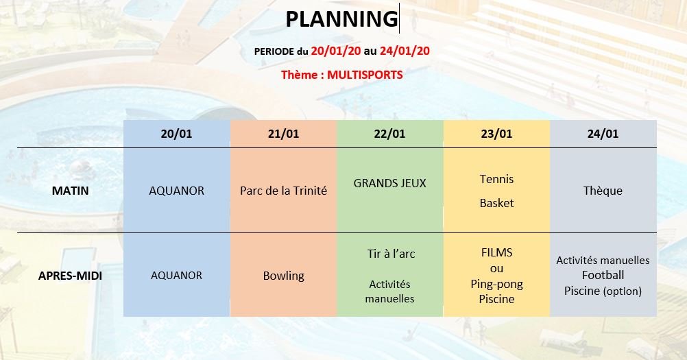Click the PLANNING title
pyautogui.click(x=341, y=19)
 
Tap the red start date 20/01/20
pyautogui.click(x=335, y=51)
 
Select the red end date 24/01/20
pyautogui.click(x=405, y=51)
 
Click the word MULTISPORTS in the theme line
pyautogui.click(x=365, y=75)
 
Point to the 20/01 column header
pyautogui.click(x=176, y=134)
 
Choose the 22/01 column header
pyautogui.click(x=389, y=134)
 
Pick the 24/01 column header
pyautogui.click(x=603, y=134)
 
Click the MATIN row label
pyautogui.click(x=70, y=191)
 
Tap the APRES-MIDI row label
pyautogui.click(x=70, y=276)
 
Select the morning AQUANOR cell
pyautogui.click(x=177, y=191)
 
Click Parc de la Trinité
pyautogui.click(x=283, y=191)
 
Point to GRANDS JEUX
pyautogui.click(x=389, y=183)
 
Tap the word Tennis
pyautogui.click(x=496, y=179)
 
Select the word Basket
pyautogui.click(x=496, y=203)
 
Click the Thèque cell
pyautogui.click(x=603, y=191)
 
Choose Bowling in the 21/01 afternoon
pyautogui.click(x=283, y=276)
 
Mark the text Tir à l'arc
pyautogui.click(x=391, y=254)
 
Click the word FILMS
pyautogui.click(x=496, y=253)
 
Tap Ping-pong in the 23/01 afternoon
pyautogui.click(x=496, y=285)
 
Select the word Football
pyautogui.click(x=603, y=275)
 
